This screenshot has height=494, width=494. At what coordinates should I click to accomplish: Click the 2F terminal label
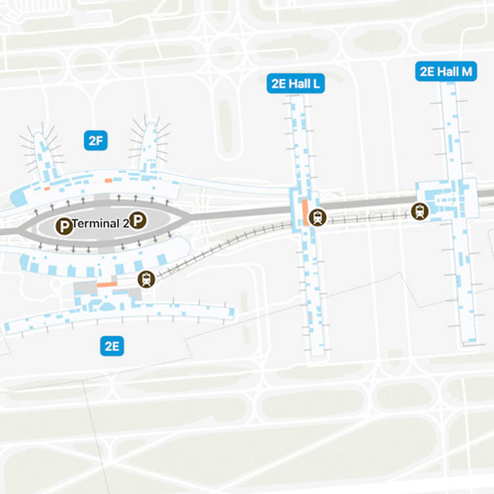click(96, 140)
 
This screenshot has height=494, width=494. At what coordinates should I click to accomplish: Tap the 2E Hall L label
click(298, 84)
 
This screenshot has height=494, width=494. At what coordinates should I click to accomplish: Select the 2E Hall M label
click(446, 71)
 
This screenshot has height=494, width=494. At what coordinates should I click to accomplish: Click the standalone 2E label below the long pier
click(113, 345)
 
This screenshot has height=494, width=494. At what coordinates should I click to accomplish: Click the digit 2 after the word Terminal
click(125, 223)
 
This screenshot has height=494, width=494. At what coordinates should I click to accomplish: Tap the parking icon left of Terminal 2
click(64, 226)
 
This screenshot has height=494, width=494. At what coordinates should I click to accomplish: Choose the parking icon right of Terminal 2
click(137, 221)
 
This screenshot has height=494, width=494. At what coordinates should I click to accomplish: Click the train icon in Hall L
click(317, 217)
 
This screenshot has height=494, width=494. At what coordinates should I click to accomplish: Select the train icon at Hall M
click(420, 211)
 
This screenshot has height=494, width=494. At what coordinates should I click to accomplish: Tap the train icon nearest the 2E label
click(146, 279)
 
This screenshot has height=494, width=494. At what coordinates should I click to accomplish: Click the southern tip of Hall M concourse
click(469, 343)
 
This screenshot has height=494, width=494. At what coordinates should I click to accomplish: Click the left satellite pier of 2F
click(43, 151)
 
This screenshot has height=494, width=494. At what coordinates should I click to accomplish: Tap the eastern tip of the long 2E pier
click(231, 312)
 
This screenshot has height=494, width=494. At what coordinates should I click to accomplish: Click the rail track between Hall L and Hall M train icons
click(369, 216)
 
